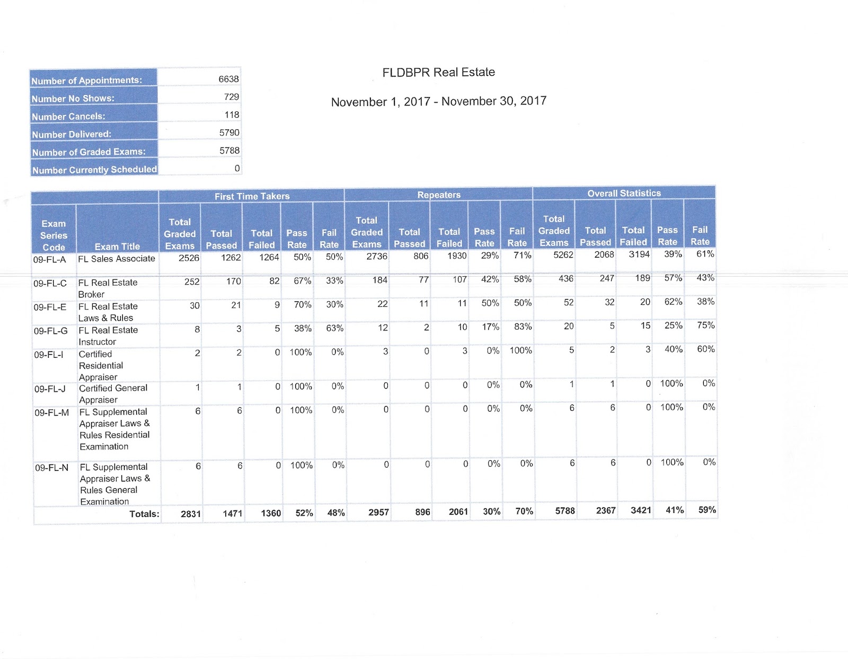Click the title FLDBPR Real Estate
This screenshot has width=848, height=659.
pyautogui.click(x=438, y=72)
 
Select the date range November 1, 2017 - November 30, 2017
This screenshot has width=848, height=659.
pyautogui.click(x=438, y=101)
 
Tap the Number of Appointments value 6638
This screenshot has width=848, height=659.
pyautogui.click(x=228, y=79)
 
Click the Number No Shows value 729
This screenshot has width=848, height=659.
pyautogui.click(x=231, y=97)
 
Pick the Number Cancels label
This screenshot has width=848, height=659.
pyautogui.click(x=68, y=117)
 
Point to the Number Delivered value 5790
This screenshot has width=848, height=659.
pyautogui.click(x=229, y=133)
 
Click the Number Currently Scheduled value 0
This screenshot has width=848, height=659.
pyautogui.click(x=237, y=169)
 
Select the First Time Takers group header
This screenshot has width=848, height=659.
pyautogui.click(x=252, y=196)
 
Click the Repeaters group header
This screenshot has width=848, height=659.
pyautogui.click(x=438, y=195)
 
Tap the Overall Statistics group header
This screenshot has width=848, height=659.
pyautogui.click(x=624, y=194)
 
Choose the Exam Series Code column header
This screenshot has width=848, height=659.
pyautogui.click(x=54, y=235)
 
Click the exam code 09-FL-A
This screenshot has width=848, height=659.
pyautogui.click(x=49, y=260)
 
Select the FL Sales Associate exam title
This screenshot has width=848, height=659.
pyautogui.click(x=117, y=259)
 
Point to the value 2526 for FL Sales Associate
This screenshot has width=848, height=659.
pyautogui.click(x=189, y=258)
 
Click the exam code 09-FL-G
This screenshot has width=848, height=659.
pyautogui.click(x=50, y=331)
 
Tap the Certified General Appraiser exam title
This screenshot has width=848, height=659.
pyautogui.click(x=113, y=394)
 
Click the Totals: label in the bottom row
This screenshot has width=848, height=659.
pyautogui.click(x=144, y=514)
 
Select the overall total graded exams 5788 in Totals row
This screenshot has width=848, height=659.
pyautogui.click(x=564, y=511)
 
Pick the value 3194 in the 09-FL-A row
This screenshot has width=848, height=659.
pyautogui.click(x=639, y=254)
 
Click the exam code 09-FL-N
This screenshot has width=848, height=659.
pyautogui.click(x=51, y=468)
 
